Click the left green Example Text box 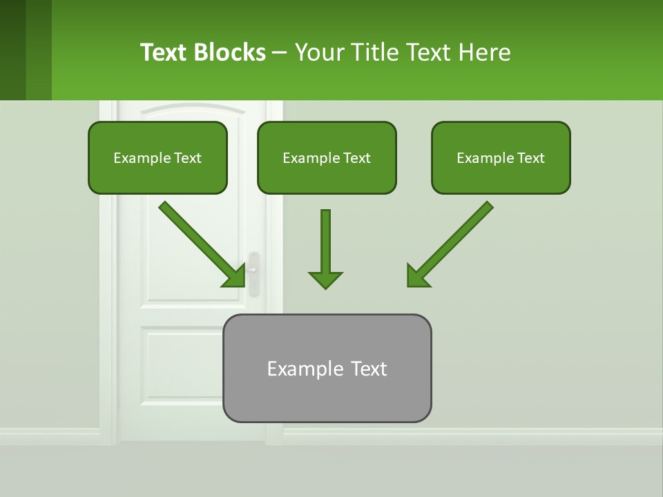coord(157,157)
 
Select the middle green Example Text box coord(327,157)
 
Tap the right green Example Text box coord(501,157)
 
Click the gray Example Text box coord(327,368)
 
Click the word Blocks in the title coord(230,52)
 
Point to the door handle coord(253,273)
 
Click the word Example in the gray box coord(296,369)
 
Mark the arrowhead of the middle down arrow coord(325,280)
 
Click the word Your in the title coord(318,52)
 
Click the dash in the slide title coord(280,52)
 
